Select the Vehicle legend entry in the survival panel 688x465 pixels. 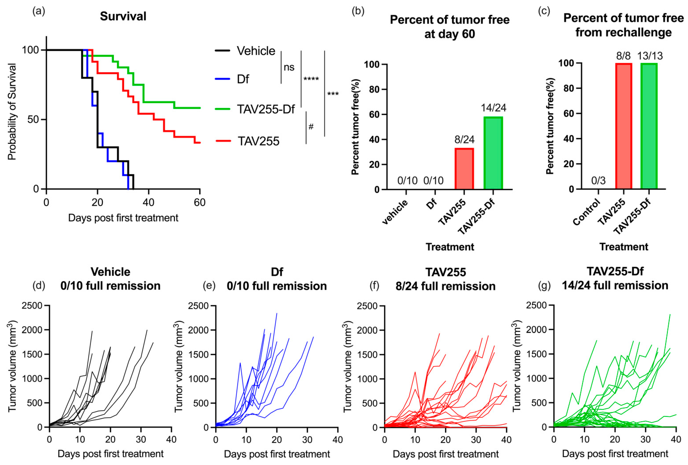tap(256, 51)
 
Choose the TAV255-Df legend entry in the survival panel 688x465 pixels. tap(266, 109)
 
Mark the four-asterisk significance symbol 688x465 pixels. tap(311, 79)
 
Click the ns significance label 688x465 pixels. tap(289, 68)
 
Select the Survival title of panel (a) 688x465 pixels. tap(123, 17)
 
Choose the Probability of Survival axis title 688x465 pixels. tap(12, 112)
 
